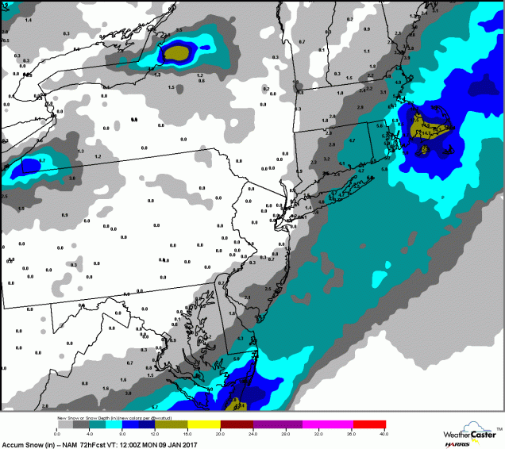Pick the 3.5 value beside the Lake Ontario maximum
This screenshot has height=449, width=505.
tap(179, 30)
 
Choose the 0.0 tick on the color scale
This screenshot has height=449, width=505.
tap(57, 434)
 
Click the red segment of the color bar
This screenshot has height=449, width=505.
tap(369, 424)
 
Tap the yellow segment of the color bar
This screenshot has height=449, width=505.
tap(205, 424)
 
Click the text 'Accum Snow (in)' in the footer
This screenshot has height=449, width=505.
tap(24, 443)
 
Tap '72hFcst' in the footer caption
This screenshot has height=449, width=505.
tap(86, 443)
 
